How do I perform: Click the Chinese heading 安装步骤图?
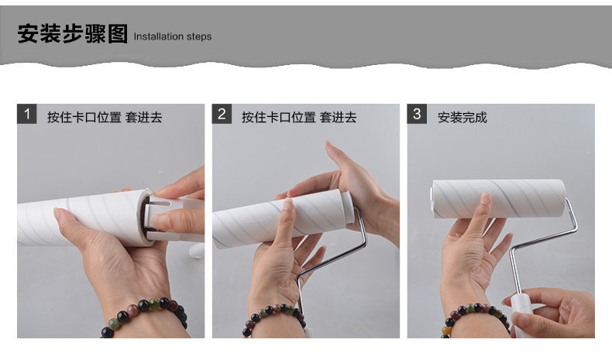coord(73,33)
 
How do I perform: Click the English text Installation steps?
coord(173,36)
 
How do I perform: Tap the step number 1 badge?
coord(27,114)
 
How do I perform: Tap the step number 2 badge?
coord(222,114)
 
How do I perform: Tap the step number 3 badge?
coord(417,114)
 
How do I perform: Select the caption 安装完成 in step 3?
coord(462,118)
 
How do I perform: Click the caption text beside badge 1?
coord(105,118)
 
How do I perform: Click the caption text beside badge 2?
coord(299,118)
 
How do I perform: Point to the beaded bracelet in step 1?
coord(145,316)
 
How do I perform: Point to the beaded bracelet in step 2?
coord(273,317)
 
